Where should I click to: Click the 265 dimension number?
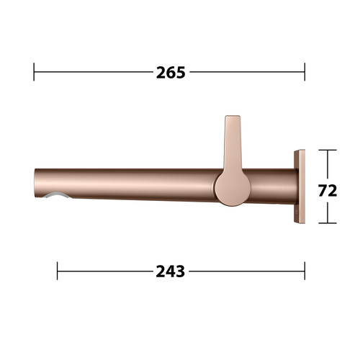(x=171, y=73)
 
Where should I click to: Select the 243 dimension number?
(x=171, y=271)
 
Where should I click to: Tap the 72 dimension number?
(x=328, y=191)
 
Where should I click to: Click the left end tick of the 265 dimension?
(x=34, y=72)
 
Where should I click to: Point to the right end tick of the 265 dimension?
(x=305, y=72)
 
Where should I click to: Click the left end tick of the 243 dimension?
(x=57, y=271)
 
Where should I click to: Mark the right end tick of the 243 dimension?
(x=305, y=271)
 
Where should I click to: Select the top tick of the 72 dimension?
(x=328, y=150)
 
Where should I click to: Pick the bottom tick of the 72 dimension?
(x=328, y=223)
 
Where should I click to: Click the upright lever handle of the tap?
(x=233, y=144)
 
